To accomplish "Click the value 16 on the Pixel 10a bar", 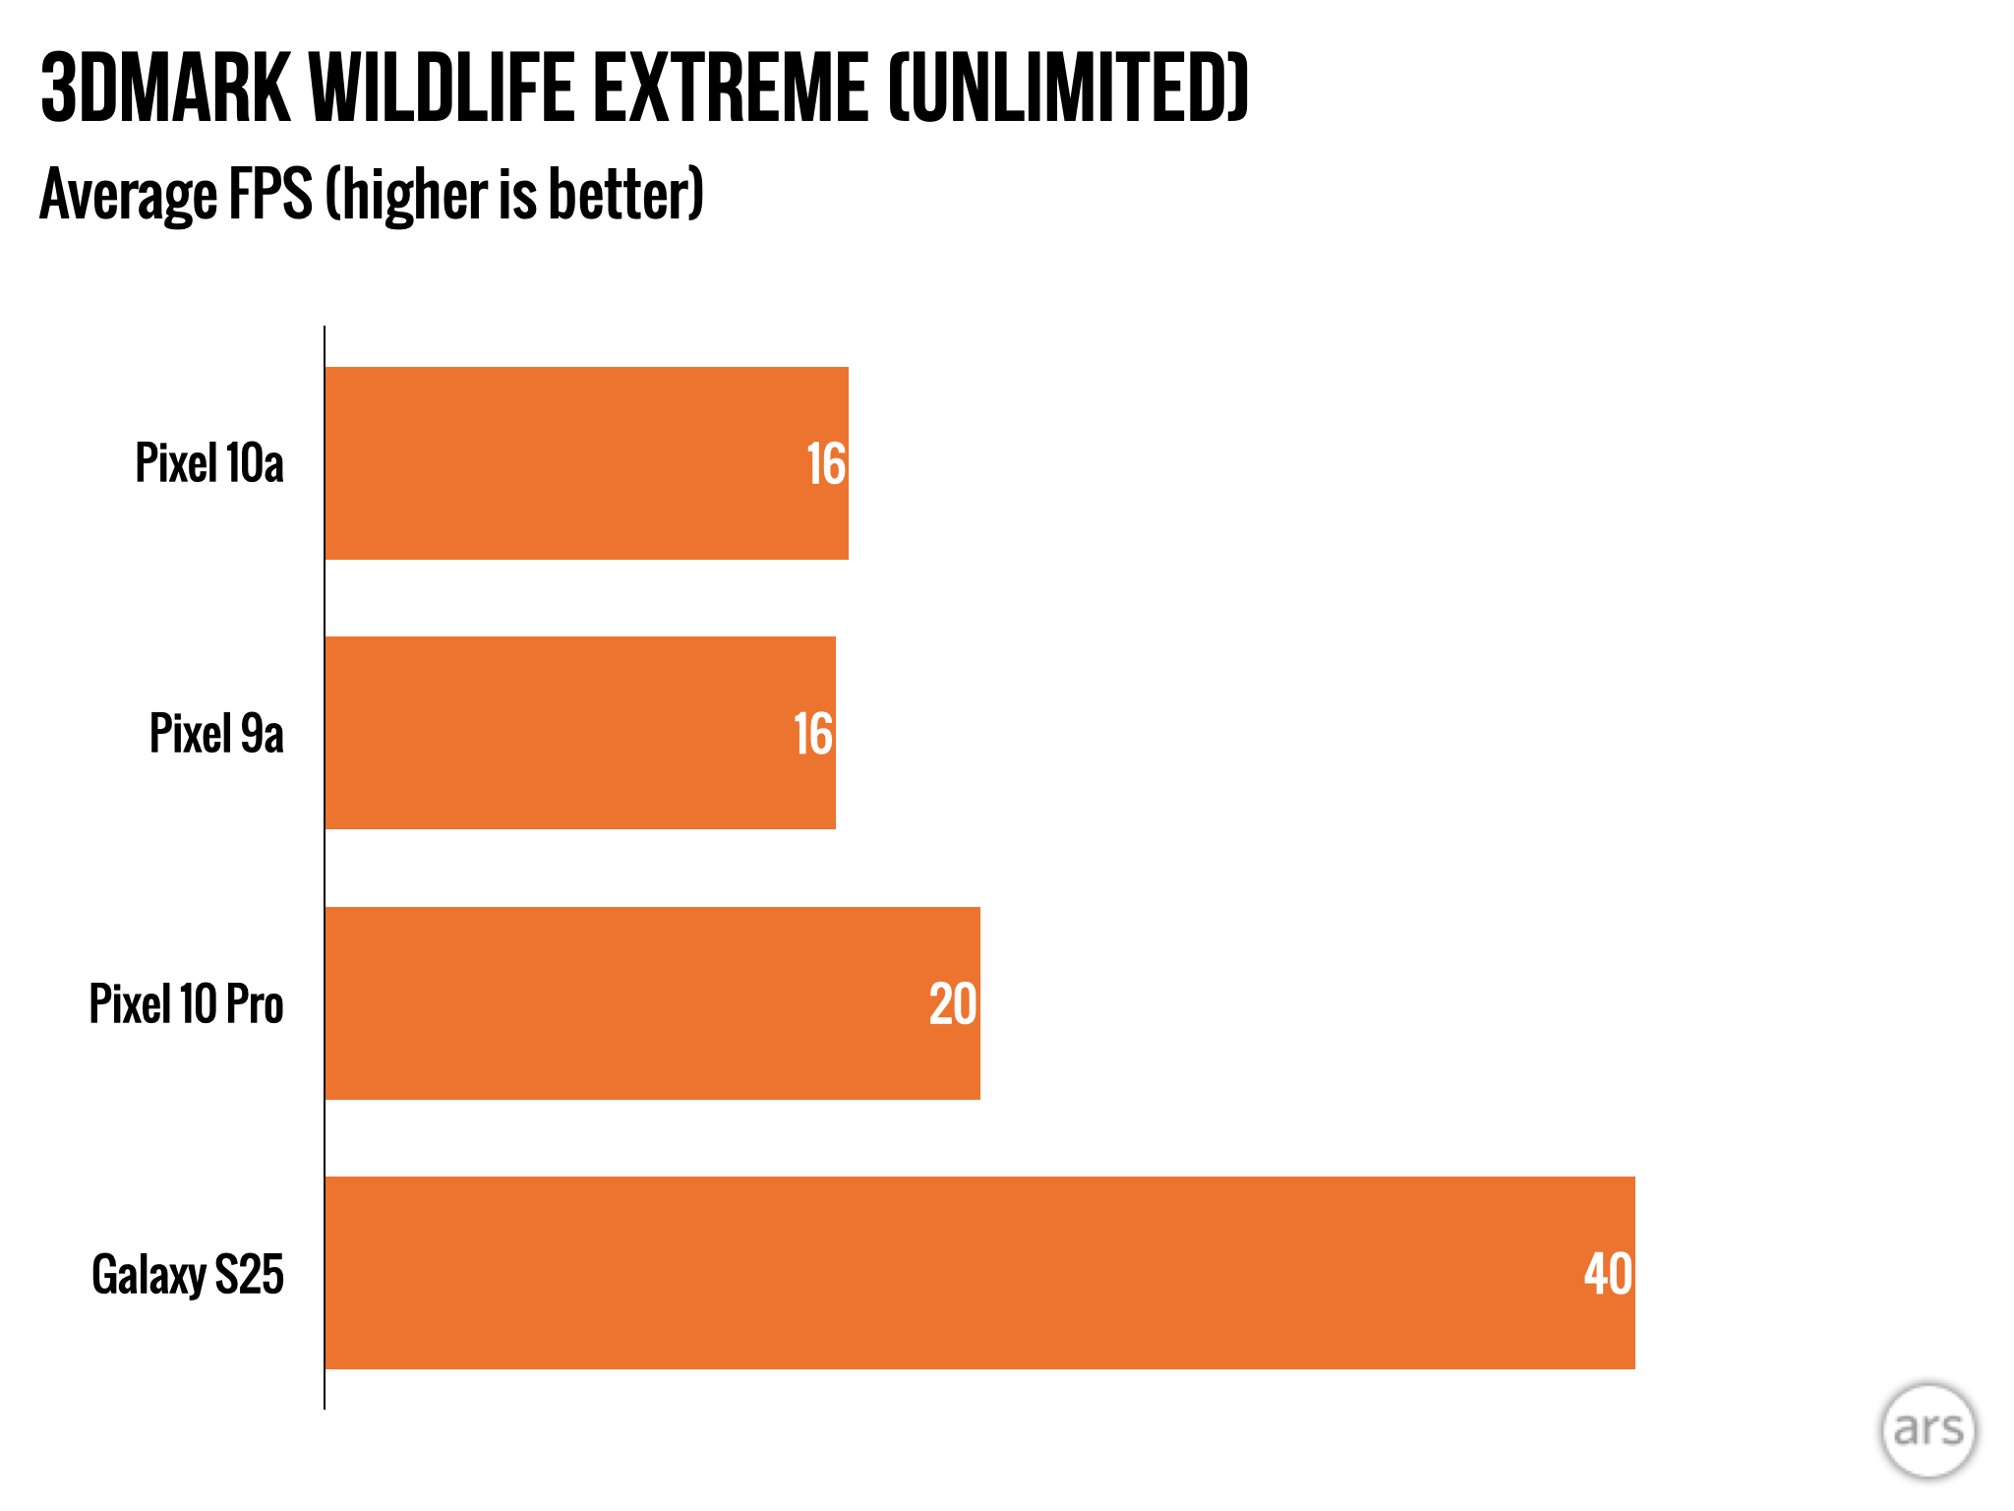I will (x=826, y=464).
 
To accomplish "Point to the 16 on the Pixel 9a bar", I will (x=813, y=735).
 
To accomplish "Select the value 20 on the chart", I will (x=953, y=1004).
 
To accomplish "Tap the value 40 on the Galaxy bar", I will (x=1608, y=1274).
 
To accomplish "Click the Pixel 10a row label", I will (x=209, y=463).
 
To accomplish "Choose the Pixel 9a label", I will (x=216, y=734).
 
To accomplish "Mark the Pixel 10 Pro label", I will (x=187, y=1004).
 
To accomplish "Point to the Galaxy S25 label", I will (x=188, y=1275).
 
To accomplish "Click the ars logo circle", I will (x=1928, y=1430).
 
